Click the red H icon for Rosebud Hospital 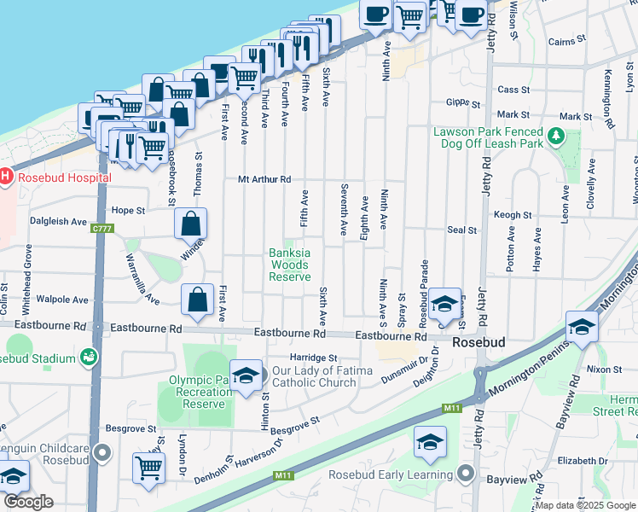coord(6,177)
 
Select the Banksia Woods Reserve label coord(289,265)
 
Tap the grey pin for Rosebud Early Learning coord(465,474)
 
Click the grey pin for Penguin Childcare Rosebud coord(104,453)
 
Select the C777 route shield coord(102,228)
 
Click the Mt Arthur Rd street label coord(264,179)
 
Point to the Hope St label coord(129,209)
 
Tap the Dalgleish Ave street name coord(58,221)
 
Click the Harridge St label coord(314,358)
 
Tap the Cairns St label coord(567,40)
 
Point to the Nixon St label coord(604,369)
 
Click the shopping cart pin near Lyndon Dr coord(148,468)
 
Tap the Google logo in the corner coord(28,503)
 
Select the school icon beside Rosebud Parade coord(444,303)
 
